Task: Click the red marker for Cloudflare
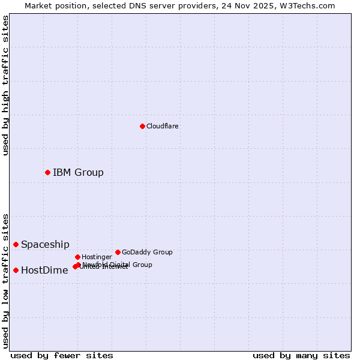pos(142,126)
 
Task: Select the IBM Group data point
pos(47,173)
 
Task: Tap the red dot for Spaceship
pos(16,244)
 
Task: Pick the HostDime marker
pos(16,270)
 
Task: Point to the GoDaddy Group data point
pos(118,252)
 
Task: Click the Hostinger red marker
pos(77,257)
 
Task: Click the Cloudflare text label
pos(162,127)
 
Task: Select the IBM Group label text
pos(78,173)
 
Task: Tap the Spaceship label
pos(45,245)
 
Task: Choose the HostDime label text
pos(44,271)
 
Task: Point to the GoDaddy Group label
pos(147,253)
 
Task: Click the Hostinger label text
pos(97,257)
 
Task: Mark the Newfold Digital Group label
pos(118,264)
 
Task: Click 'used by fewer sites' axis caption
pos(62,356)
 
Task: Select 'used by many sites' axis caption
pos(301,356)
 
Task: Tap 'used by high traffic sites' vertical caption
pos(5,85)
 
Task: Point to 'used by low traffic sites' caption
pos(5,281)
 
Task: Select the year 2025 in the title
pos(265,5)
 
